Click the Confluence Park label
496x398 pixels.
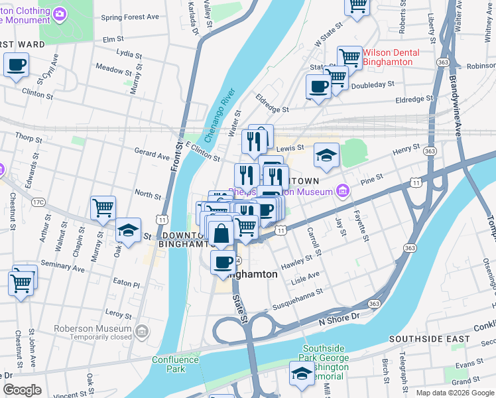[175, 364]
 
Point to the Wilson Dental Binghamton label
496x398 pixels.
[396, 56]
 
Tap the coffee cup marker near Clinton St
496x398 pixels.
[16, 66]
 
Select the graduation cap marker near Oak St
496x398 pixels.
[128, 230]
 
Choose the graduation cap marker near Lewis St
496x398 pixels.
[326, 155]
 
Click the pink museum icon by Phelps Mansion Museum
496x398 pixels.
[343, 192]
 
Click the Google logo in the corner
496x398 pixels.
[22, 390]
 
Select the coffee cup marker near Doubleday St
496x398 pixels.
[318, 86]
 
